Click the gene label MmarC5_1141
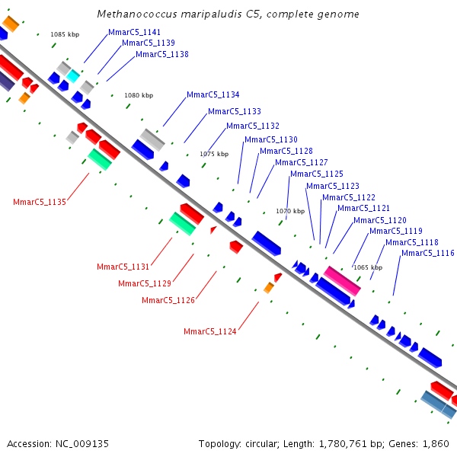coord(135,33)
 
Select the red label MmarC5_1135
coord(40,202)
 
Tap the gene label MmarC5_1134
coord(213,95)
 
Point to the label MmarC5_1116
coord(428,253)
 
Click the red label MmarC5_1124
coord(210,331)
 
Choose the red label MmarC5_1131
coord(123,267)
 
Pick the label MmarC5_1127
coord(302,162)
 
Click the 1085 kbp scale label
coord(65,34)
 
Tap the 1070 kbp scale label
coord(290,211)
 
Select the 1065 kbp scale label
coord(368,267)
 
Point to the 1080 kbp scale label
coord(139,95)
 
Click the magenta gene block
coord(342,280)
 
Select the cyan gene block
coord(73,76)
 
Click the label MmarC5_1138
coord(162,55)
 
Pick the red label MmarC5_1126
coord(168,300)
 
